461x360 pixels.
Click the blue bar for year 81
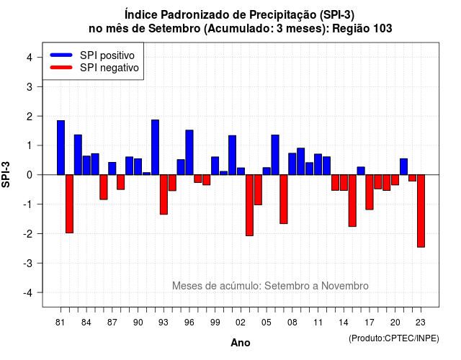61,148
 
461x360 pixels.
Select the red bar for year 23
421,211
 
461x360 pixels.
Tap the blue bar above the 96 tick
189,152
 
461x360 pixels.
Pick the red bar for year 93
164,194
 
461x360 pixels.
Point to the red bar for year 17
370,192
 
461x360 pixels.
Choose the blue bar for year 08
292,163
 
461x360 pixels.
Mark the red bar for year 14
344,182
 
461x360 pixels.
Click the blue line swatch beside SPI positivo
61,55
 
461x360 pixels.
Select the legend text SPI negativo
109,68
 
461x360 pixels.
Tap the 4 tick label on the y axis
30,58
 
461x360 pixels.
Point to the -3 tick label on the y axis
27,264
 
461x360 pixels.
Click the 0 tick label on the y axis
30,175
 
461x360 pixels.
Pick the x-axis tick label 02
241,323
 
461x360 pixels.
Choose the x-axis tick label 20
395,323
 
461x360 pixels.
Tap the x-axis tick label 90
138,323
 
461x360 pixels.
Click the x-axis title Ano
241,343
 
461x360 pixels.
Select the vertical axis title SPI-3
6,174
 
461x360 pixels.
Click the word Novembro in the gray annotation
344,286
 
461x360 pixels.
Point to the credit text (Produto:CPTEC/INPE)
394,338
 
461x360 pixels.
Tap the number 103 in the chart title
382,29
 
